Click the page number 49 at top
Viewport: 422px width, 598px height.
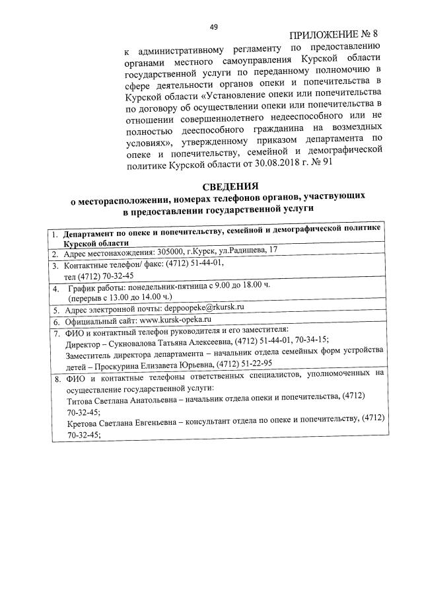(x=213, y=27)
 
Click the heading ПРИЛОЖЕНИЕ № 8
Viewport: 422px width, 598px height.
(x=336, y=35)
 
